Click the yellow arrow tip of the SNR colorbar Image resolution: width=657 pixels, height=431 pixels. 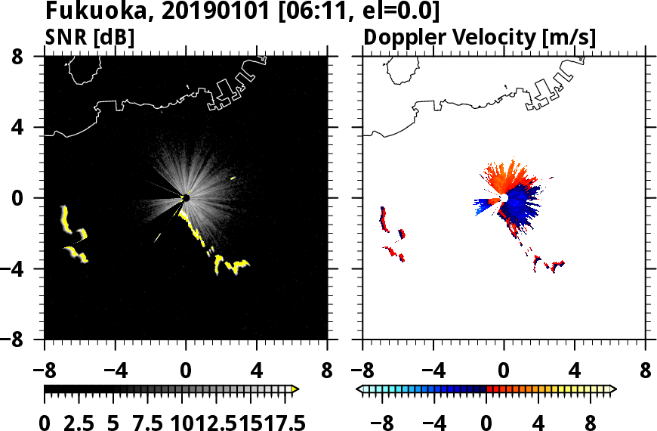295,389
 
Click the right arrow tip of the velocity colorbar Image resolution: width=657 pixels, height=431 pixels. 612,389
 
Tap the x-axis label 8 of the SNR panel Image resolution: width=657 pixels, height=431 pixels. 327,373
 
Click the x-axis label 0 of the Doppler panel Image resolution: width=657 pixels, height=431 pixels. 504,373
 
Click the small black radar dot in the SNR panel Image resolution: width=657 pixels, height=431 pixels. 186,198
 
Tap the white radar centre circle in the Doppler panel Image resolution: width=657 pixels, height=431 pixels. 504,198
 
